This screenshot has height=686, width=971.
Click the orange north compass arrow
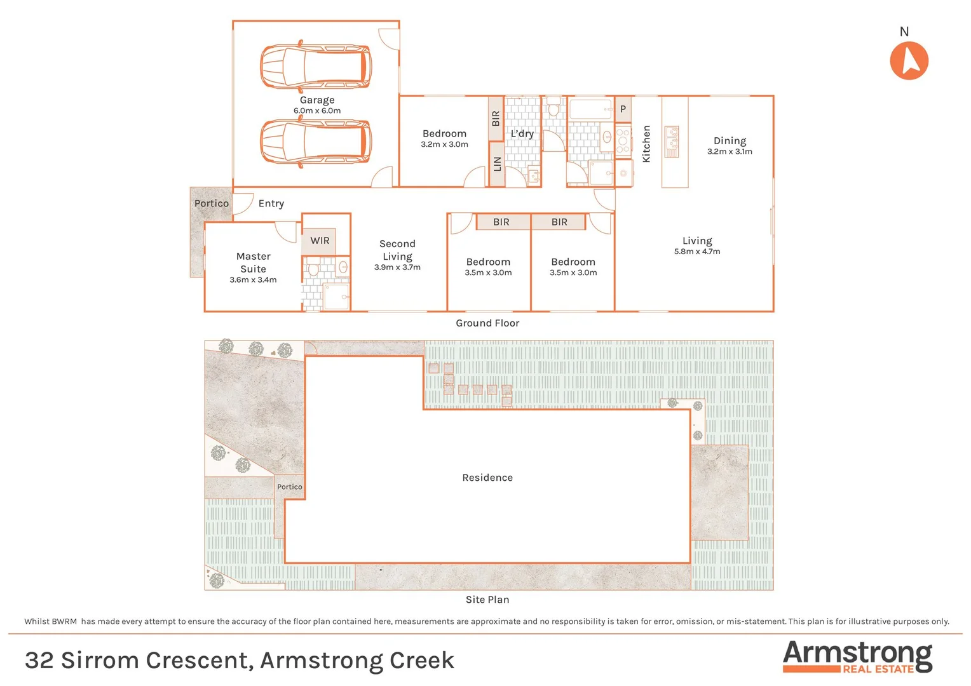pos(909,61)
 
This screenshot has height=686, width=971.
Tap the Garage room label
pos(317,100)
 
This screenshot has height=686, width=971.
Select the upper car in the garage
pos(316,65)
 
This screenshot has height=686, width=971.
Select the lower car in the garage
pos(316,142)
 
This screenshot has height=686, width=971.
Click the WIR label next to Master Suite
pos(320,241)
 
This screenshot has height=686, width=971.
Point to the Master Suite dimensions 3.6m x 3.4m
pos(253,279)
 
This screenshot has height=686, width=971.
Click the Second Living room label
pos(397,250)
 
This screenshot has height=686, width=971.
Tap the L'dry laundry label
pos(522,133)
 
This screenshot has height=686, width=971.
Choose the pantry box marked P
pos(623,109)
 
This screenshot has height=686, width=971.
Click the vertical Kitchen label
pos(646,144)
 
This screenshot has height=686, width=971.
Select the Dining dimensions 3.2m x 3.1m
pos(730,152)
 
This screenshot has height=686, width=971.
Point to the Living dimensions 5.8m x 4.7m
pos(697,252)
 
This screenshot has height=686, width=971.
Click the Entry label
pos(271,203)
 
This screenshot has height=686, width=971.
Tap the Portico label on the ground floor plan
pos(211,203)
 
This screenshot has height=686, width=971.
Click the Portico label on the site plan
pos(289,487)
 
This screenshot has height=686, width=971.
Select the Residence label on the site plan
pos(487,478)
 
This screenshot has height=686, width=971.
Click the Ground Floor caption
pos(487,323)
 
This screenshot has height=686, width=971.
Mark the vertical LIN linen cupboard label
pos(497,164)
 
